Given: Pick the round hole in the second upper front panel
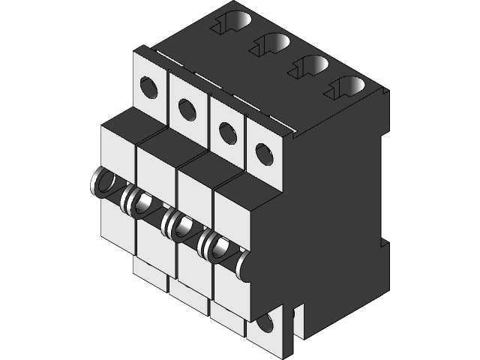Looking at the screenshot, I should (x=187, y=109).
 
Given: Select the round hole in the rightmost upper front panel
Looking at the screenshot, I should (x=264, y=154).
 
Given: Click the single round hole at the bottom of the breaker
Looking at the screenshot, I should (x=263, y=325).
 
